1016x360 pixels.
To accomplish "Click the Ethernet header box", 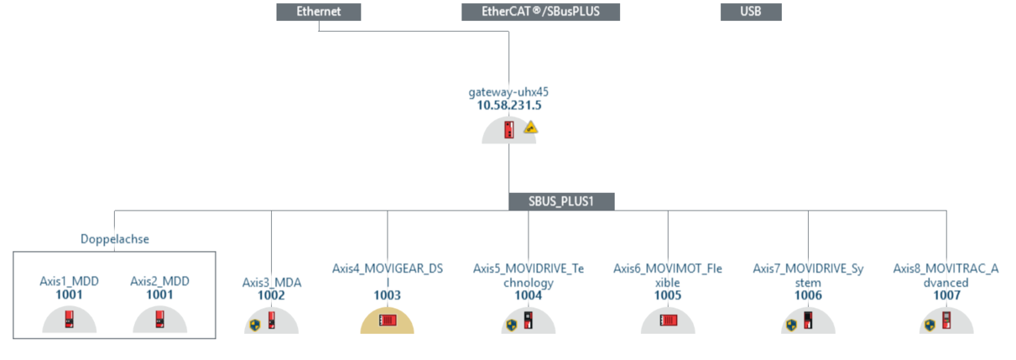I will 319,12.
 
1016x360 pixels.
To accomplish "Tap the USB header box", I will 751,12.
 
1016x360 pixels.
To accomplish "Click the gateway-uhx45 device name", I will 508,91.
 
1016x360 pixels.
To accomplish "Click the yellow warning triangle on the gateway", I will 530,128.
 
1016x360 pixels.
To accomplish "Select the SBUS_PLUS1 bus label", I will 561,201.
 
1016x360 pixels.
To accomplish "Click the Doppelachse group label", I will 114,239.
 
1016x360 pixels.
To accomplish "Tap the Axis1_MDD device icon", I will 70,319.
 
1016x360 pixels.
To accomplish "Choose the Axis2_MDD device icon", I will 159,319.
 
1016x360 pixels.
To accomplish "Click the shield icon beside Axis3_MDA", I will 255,324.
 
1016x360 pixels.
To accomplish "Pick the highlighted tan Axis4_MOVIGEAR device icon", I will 388,320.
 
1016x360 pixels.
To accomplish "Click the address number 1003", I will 388,295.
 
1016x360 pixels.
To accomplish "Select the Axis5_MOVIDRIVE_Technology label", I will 528,275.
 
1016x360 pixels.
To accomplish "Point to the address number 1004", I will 528,295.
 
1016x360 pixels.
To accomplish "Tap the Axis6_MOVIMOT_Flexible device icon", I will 668,320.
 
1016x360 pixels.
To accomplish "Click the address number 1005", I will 668,295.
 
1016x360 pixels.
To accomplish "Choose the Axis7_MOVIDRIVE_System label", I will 808,275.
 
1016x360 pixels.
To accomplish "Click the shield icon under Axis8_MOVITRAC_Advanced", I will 930,324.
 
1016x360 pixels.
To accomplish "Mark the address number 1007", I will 947,295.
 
